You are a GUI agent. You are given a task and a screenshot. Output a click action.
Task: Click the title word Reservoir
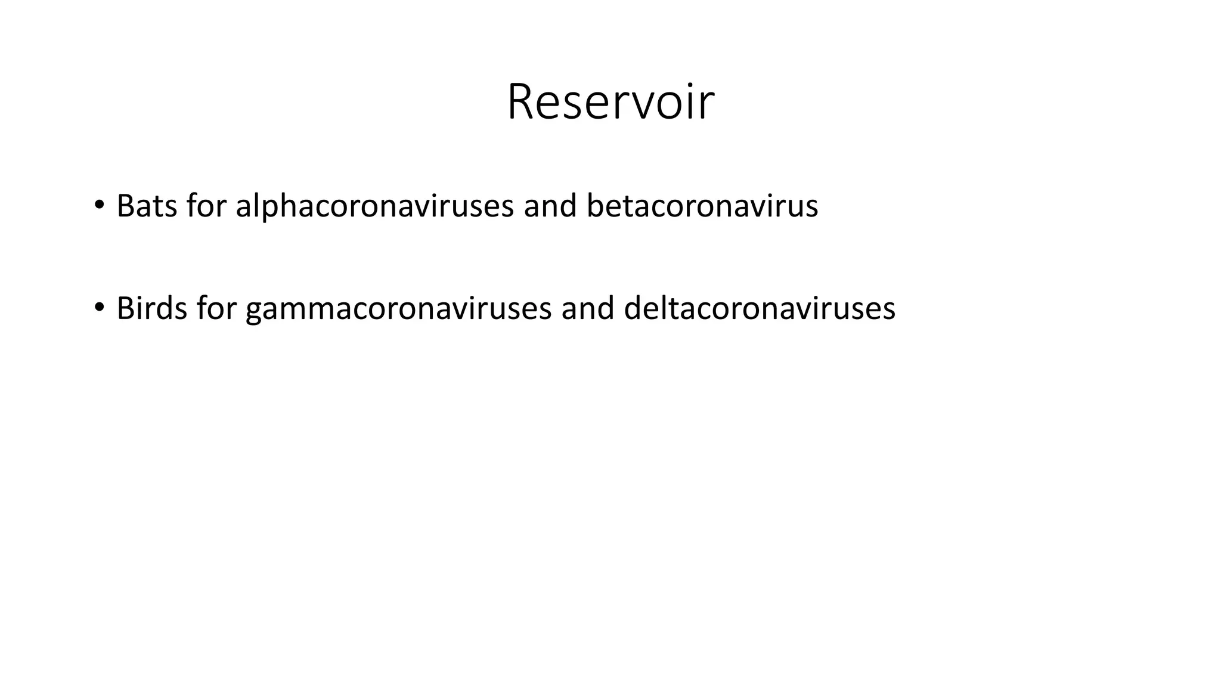tap(610, 102)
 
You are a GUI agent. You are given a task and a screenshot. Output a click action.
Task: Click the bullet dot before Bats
tap(99, 205)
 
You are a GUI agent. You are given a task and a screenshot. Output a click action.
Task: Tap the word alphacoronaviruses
tap(374, 206)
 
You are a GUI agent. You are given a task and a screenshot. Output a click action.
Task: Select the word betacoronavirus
tap(702, 206)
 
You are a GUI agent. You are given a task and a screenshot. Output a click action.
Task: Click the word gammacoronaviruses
tap(398, 308)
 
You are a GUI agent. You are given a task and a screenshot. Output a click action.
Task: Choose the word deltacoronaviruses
tap(759, 308)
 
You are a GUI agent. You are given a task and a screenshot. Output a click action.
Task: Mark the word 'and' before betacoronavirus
tap(550, 206)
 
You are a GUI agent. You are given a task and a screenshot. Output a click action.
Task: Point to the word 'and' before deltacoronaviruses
tap(587, 308)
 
